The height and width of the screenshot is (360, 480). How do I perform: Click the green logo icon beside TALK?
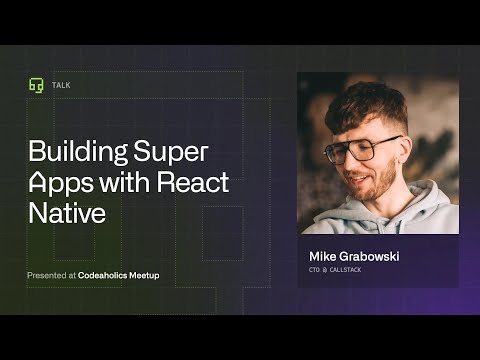point(36,85)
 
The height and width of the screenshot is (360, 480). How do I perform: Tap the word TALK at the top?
point(62,85)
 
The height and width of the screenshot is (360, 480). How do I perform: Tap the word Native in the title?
point(66,213)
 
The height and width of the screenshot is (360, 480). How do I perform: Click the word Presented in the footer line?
point(49,275)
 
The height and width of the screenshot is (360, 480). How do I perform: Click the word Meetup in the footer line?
point(145,275)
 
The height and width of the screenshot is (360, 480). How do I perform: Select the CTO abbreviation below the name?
point(317,270)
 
